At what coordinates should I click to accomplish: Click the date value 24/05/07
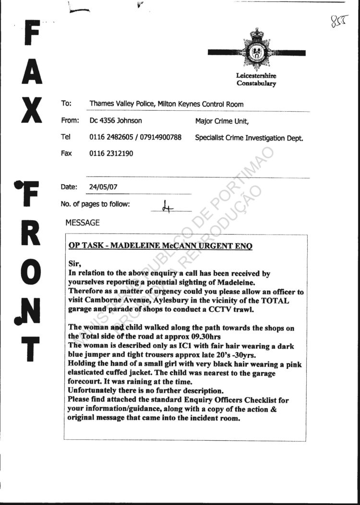click(x=101, y=188)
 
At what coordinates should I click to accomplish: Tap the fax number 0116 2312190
click(x=111, y=153)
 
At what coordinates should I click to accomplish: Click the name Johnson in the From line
click(x=127, y=121)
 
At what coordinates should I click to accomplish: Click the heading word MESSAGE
click(x=83, y=223)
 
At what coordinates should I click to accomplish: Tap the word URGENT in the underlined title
click(x=214, y=246)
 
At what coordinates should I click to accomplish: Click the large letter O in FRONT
click(x=30, y=270)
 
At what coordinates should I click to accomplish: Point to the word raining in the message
click(x=188, y=382)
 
